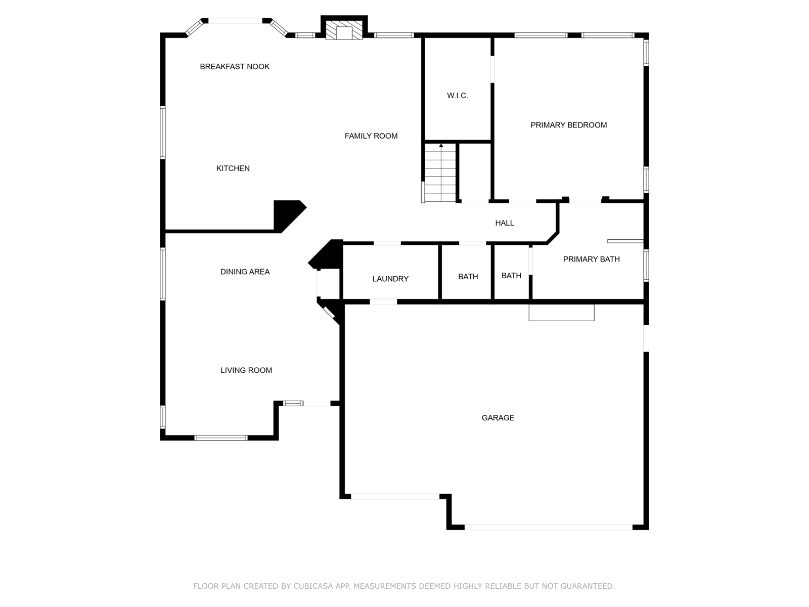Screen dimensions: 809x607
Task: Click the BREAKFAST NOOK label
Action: tap(235, 67)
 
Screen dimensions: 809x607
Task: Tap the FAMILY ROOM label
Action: tap(371, 136)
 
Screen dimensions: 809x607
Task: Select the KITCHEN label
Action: tap(233, 168)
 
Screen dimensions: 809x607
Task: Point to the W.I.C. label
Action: tap(458, 96)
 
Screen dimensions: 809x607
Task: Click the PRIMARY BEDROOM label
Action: tap(569, 125)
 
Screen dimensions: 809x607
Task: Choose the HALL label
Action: tap(505, 223)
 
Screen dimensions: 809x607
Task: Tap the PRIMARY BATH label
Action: tap(592, 259)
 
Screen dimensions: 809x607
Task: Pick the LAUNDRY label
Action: tap(390, 279)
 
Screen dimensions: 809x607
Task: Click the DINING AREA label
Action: tap(245, 272)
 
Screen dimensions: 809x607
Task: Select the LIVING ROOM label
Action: tap(246, 370)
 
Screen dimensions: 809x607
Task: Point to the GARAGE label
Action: tap(498, 418)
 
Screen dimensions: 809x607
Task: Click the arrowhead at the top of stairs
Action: tap(441, 146)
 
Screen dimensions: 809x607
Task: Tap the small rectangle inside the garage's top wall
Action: tap(561, 312)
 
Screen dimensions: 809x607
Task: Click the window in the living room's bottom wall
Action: tap(221, 438)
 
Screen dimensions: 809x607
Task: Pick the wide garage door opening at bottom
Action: tap(548, 527)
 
